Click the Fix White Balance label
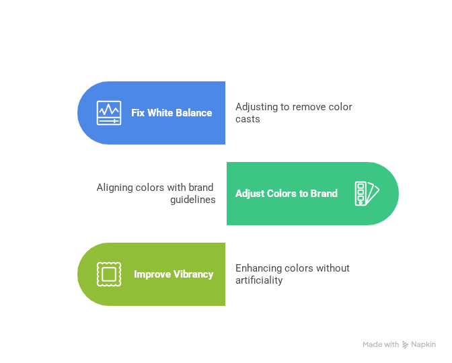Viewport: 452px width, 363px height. coord(172,113)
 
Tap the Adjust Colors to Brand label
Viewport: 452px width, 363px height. coord(287,194)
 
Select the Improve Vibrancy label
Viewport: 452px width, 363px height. coord(174,274)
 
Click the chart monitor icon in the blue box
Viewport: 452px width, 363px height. coord(109,113)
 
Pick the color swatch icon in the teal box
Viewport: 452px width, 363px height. coord(367,194)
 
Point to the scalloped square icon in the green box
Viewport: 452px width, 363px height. coord(108,274)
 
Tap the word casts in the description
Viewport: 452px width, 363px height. coord(248,119)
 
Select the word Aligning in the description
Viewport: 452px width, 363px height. coord(114,188)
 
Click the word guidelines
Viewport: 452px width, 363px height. coord(193,200)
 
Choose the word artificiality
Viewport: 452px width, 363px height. coord(259,280)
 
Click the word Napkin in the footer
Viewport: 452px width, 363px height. coord(424,345)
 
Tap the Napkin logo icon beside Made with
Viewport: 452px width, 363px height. coord(406,345)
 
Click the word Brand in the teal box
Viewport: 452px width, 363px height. coord(324,194)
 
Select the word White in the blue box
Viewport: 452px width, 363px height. coord(160,113)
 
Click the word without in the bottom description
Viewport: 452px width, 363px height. coord(334,268)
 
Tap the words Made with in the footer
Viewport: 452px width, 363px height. coord(381,345)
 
